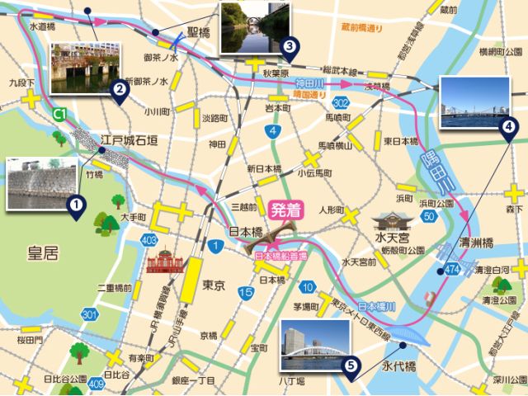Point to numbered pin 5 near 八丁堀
tap(351, 365)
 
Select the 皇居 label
tap(42, 254)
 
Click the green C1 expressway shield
tap(59, 113)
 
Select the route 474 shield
tap(450, 270)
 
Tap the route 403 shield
tap(148, 240)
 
